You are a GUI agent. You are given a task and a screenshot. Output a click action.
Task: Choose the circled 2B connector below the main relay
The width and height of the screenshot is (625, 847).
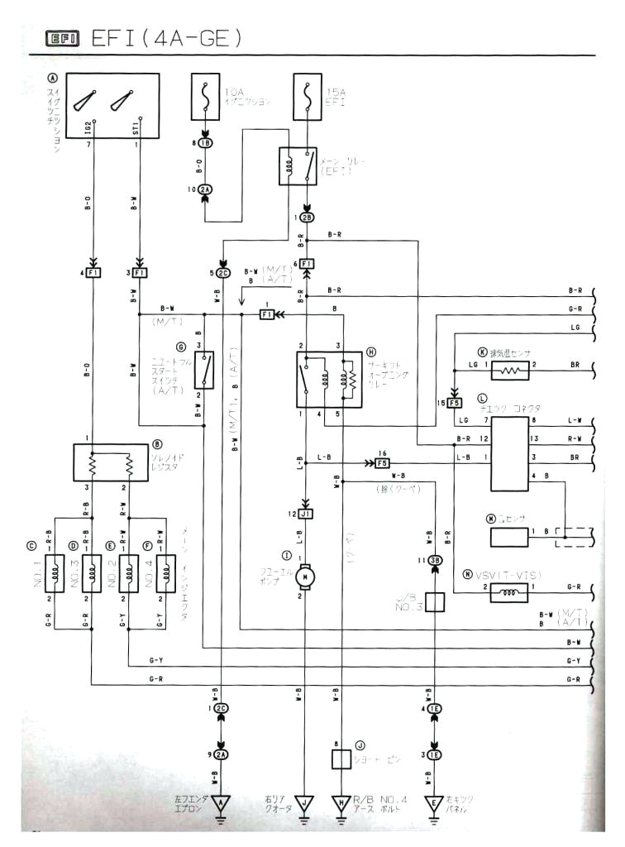(307, 218)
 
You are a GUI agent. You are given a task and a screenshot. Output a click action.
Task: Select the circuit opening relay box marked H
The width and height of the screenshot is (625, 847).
(329, 380)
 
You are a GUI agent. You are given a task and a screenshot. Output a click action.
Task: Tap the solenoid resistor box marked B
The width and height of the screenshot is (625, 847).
(111, 466)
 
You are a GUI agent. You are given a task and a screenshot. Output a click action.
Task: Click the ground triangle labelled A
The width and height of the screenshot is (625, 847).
(221, 803)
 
